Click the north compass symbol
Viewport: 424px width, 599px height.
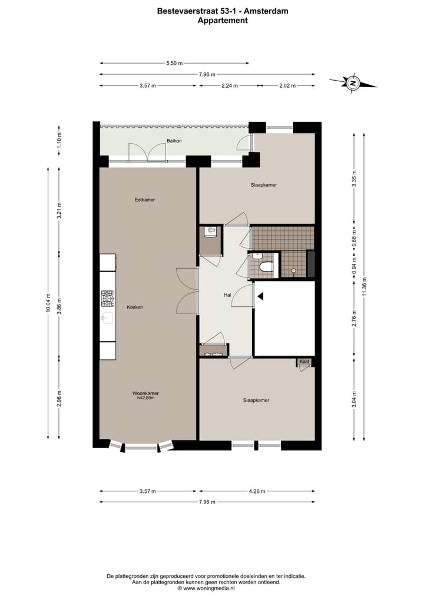pyautogui.click(x=353, y=83)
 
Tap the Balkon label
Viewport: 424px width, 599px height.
pyautogui.click(x=174, y=141)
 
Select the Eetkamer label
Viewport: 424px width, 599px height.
pyautogui.click(x=144, y=200)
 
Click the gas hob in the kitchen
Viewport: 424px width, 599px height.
pyautogui.click(x=108, y=299)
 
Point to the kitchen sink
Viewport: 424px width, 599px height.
pyautogui.click(x=107, y=319)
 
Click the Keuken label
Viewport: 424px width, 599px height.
pyautogui.click(x=134, y=307)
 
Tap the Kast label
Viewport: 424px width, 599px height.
pyautogui.click(x=304, y=361)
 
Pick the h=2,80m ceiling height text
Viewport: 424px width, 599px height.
pyautogui.click(x=145, y=399)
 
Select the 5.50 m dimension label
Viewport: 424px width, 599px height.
pyautogui.click(x=174, y=63)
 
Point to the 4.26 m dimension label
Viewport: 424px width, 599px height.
pyautogui.click(x=257, y=491)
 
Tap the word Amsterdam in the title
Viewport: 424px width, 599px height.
pyautogui.click(x=269, y=11)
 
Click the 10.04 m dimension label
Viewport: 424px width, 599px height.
pyautogui.click(x=48, y=304)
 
